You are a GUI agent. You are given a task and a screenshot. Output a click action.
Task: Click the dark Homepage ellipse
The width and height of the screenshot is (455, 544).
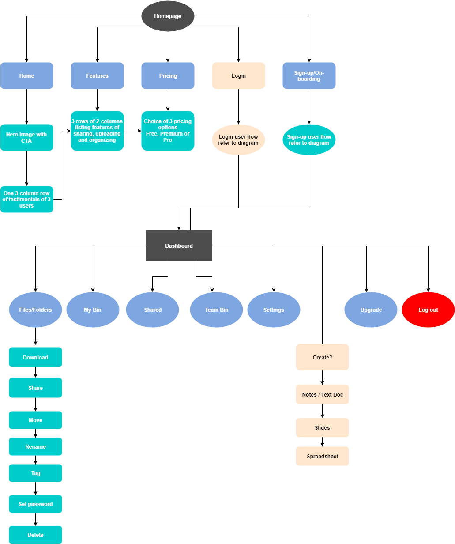click(x=168, y=16)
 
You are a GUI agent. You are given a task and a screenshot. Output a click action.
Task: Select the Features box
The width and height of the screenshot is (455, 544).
click(x=97, y=76)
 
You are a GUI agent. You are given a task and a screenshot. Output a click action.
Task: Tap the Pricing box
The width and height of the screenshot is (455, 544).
click(x=168, y=76)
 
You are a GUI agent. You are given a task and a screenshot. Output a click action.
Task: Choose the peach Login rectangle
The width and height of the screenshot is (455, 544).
click(x=238, y=76)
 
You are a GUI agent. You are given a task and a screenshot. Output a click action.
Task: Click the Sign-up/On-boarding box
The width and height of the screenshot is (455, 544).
click(x=309, y=76)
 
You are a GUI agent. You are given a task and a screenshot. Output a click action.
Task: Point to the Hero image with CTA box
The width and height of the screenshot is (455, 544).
click(x=26, y=138)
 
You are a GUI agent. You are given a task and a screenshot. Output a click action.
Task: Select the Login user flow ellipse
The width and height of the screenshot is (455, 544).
click(x=238, y=140)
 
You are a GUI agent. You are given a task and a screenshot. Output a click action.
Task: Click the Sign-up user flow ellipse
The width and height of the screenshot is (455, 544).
click(x=309, y=140)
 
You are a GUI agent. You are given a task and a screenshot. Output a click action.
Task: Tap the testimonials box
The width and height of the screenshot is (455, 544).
click(x=26, y=200)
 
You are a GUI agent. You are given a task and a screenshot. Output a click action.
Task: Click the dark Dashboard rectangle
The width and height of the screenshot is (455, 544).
click(x=179, y=246)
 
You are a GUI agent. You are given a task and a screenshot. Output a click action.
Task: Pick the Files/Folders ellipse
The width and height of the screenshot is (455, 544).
click(x=35, y=310)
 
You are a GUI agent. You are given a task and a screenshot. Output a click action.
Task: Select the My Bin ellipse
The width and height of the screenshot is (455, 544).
click(x=93, y=310)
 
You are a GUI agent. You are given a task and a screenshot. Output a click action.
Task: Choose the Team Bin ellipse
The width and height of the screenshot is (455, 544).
click(x=216, y=310)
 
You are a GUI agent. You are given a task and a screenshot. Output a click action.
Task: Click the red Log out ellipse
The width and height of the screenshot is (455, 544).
click(x=428, y=310)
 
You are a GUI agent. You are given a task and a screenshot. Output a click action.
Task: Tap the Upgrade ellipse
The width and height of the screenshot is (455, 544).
click(x=371, y=310)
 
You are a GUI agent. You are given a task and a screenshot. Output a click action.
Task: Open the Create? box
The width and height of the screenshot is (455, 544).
click(x=322, y=357)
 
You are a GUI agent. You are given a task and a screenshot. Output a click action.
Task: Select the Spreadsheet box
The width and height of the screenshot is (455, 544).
click(x=322, y=456)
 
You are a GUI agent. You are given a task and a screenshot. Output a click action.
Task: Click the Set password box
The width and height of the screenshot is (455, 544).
click(x=35, y=504)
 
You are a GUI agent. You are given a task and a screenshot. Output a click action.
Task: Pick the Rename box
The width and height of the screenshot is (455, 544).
click(x=35, y=447)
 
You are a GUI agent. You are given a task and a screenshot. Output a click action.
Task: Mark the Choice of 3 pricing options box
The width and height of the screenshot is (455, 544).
click(x=168, y=131)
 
